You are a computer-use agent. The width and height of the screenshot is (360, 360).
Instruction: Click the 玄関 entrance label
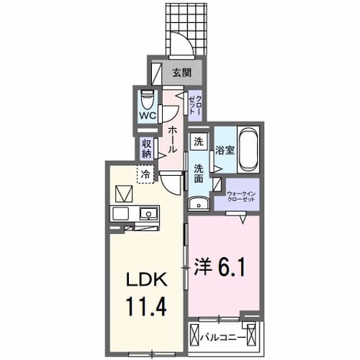point(182,73)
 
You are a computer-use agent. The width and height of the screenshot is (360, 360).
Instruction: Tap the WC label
point(147,116)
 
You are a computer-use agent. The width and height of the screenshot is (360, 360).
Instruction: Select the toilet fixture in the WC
point(147,101)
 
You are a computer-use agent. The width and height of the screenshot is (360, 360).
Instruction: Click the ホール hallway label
point(172,140)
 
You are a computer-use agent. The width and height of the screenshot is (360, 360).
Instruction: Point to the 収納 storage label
point(147,150)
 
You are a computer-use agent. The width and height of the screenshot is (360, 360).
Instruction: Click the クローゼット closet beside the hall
point(195,105)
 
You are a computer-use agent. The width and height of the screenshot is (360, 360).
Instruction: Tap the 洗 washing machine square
point(199,141)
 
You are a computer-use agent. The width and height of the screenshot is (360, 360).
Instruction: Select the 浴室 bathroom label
point(225,150)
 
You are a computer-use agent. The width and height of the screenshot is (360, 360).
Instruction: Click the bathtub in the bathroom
point(249,150)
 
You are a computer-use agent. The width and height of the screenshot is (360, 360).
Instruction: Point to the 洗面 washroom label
point(199,173)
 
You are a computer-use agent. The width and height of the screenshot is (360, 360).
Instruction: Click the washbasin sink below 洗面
point(198,204)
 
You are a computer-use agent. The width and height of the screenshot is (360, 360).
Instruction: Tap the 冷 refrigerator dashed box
point(146,174)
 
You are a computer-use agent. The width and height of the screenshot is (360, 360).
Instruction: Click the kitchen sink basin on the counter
point(148,213)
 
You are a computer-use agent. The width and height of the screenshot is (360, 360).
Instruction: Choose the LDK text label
point(147,281)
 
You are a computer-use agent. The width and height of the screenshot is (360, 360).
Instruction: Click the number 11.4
point(146,307)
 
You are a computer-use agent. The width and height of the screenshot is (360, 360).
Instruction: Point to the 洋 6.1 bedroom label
point(220,266)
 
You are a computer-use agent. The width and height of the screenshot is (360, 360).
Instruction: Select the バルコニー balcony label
point(223,338)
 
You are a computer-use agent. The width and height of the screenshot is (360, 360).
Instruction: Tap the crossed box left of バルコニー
point(195,335)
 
